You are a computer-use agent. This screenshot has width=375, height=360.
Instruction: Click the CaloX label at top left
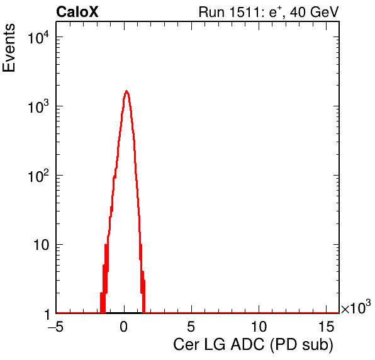tap(77, 12)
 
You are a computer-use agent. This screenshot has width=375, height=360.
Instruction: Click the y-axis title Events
tap(9, 48)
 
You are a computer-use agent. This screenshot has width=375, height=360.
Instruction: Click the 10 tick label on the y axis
tap(42, 245)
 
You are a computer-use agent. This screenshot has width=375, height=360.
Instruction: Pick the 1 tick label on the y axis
tap(47, 314)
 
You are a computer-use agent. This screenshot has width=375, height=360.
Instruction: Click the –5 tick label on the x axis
tap(55, 327)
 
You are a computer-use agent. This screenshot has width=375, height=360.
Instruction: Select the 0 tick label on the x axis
tap(124, 327)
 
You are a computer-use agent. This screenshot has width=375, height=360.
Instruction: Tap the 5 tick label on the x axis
tap(191, 327)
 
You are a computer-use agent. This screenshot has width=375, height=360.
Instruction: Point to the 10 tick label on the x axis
tap(259, 327)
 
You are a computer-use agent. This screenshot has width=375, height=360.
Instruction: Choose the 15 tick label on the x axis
tap(326, 327)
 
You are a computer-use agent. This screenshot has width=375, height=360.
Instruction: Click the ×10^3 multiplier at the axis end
tap(356, 307)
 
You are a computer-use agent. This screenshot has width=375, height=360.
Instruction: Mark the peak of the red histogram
tap(126, 91)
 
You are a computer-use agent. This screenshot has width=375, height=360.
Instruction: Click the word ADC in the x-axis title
tap(247, 345)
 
